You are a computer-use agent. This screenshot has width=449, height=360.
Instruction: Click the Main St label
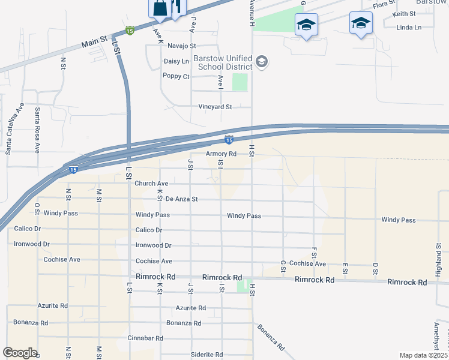pyautogui.click(x=94, y=44)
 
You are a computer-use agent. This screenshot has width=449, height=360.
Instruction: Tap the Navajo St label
pyautogui.click(x=182, y=46)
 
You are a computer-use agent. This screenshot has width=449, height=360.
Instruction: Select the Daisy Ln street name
pyautogui.click(x=176, y=61)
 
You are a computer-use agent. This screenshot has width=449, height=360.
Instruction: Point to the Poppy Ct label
pyautogui.click(x=176, y=76)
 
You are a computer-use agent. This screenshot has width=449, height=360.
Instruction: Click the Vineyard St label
pyautogui.click(x=215, y=107)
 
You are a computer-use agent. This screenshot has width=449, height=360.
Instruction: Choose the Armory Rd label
pyautogui.click(x=221, y=154)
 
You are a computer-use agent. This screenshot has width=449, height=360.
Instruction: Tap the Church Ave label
pyautogui.click(x=151, y=184)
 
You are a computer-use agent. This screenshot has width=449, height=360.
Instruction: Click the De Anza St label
pyautogui.click(x=181, y=199)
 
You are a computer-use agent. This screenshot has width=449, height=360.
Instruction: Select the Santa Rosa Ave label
pyautogui.click(x=37, y=130)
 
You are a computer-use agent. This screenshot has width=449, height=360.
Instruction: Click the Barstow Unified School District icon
pyautogui.click(x=261, y=61)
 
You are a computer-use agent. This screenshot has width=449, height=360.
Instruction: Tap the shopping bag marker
pyautogui.click(x=160, y=8)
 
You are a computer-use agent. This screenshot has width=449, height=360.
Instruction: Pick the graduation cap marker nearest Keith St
pyautogui.click(x=360, y=24)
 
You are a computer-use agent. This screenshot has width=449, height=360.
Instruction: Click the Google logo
pyautogui.click(x=19, y=353)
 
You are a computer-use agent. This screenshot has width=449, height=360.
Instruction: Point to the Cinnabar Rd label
pyautogui.click(x=145, y=338)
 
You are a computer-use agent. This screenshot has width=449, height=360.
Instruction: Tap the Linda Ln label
pyautogui.click(x=409, y=28)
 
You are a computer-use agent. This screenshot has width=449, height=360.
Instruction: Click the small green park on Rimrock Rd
pyautogui.click(x=242, y=286)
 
